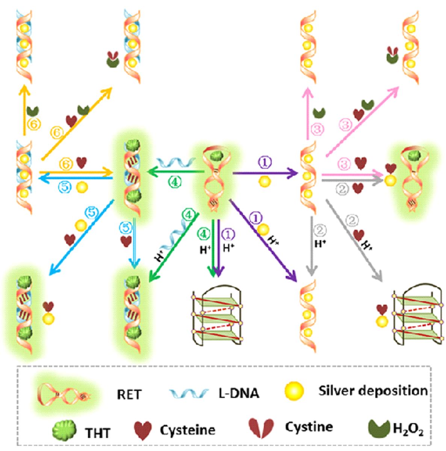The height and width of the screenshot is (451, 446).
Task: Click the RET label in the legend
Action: click(x=129, y=395)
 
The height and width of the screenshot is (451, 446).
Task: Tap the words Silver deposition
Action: click(x=373, y=390)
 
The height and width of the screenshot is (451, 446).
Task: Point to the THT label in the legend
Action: click(x=97, y=433)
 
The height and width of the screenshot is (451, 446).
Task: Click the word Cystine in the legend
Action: click(x=308, y=427)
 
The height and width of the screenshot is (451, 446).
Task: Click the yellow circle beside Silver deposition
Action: click(x=294, y=390)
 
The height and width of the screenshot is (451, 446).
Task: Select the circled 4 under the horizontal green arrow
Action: click(x=175, y=182)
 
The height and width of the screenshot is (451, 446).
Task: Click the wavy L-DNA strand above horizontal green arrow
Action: click(x=175, y=162)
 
